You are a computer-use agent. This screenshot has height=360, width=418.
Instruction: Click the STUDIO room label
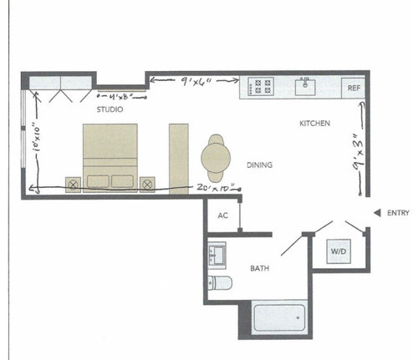[110, 109]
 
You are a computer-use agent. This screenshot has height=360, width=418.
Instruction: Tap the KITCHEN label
[315, 124]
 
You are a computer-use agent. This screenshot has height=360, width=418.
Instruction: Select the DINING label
[261, 165]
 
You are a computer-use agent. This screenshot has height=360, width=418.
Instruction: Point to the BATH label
[259, 269]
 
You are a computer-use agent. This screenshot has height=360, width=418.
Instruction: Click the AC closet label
[223, 215]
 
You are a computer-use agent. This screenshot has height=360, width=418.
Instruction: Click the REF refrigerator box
[352, 87]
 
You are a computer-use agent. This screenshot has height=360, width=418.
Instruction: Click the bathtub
[278, 320]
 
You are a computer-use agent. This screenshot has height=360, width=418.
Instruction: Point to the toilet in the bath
[219, 281]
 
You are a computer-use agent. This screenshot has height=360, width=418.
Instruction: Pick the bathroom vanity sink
[219, 252]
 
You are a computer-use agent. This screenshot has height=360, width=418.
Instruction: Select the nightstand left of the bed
[73, 182]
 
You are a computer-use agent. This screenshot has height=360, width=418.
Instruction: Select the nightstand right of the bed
[148, 182]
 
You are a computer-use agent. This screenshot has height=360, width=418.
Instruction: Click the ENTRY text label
[398, 214]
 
